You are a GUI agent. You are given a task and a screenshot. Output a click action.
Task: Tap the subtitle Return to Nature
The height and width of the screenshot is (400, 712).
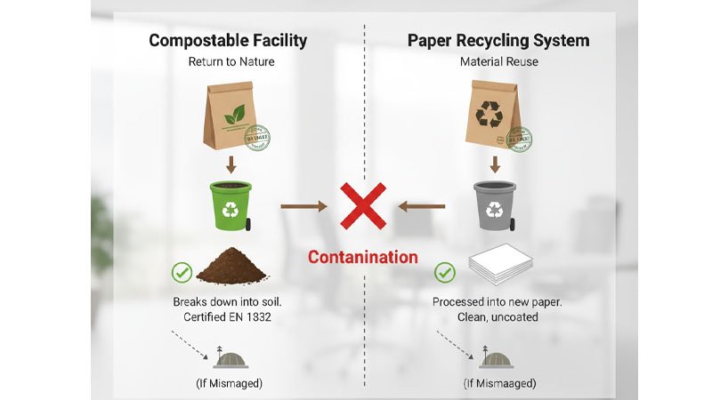tap(231, 62)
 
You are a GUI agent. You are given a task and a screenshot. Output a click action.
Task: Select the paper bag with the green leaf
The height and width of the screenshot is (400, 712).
tap(230, 116)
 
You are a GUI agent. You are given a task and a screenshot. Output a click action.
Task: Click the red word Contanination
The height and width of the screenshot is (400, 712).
tap(362, 258)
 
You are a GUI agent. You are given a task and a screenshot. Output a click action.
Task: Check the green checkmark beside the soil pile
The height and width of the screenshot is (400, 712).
tap(182, 272)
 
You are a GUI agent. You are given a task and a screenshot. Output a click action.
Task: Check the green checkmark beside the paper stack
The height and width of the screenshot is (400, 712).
tap(444, 272)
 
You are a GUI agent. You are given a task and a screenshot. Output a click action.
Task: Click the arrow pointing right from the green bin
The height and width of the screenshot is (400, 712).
tap(303, 206)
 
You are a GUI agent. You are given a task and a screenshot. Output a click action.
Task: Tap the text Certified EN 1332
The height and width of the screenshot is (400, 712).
tap(231, 317)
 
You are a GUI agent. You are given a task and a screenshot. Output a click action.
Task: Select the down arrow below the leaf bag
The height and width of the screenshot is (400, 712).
tap(231, 164)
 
